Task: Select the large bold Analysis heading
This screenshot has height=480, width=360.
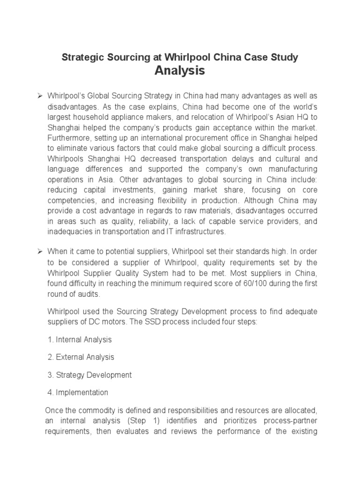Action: [x=180, y=71]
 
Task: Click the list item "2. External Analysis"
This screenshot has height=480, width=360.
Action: [x=81, y=357]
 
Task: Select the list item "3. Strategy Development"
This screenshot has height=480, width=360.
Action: [x=90, y=375]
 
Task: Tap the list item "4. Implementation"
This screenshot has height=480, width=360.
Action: [x=78, y=392]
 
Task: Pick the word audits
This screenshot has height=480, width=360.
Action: [x=89, y=294]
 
